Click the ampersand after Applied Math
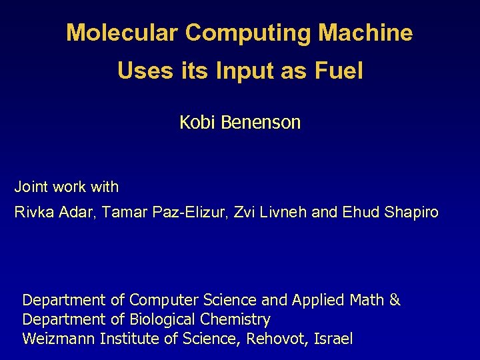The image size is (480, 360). coord(395,300)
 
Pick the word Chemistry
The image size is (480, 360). coord(237,319)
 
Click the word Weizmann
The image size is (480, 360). coord(58,339)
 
